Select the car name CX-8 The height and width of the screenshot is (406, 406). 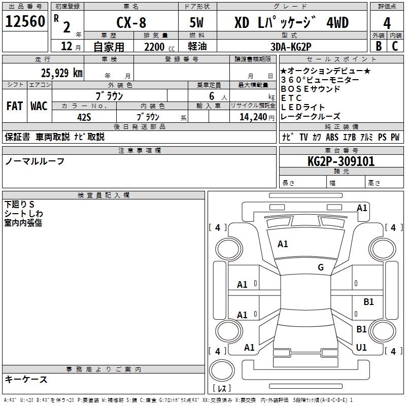(x=131, y=23)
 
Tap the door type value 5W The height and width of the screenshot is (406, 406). (x=197, y=23)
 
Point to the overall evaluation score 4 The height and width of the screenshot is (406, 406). (x=387, y=23)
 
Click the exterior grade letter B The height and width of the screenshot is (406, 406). (x=378, y=46)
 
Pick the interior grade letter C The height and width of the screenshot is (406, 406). (x=395, y=46)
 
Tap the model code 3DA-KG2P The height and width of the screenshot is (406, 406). (x=292, y=47)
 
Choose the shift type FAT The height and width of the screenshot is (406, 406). (x=14, y=106)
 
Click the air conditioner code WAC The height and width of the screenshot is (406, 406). (x=39, y=106)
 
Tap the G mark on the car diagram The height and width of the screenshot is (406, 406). (x=321, y=267)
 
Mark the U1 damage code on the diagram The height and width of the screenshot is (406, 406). (x=361, y=348)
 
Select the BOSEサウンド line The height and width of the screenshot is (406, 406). (x=310, y=89)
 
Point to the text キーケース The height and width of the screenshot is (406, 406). (x=26, y=380)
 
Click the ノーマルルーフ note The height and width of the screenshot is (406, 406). (x=35, y=161)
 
